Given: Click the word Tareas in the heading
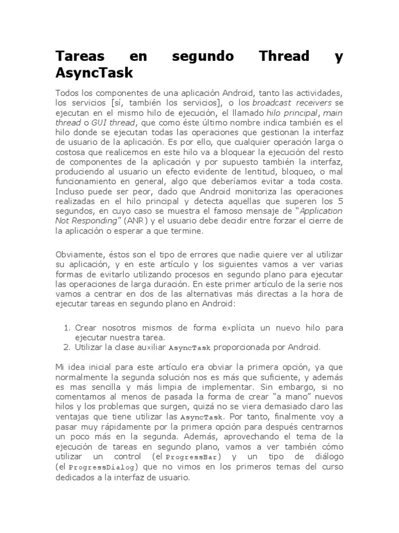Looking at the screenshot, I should (x=79, y=56).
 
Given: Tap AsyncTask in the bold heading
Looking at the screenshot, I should (x=94, y=73).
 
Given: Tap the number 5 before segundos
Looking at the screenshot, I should (x=340, y=201).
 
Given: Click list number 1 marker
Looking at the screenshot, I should (x=66, y=328).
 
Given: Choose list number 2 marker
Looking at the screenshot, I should (x=66, y=347).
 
